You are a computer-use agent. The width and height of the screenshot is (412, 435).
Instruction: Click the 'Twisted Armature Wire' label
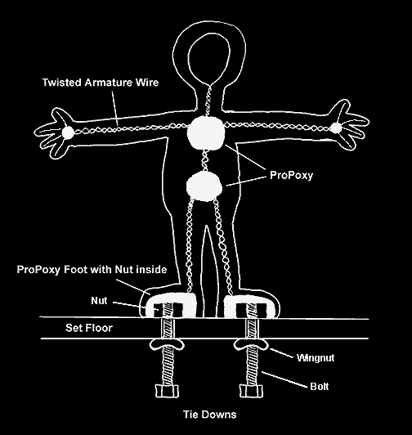(101, 83)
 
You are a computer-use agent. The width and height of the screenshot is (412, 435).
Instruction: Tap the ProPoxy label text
(291, 175)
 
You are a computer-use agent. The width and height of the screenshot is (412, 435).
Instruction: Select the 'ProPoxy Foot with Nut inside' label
(92, 269)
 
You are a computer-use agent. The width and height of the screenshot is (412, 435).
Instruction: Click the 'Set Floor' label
(89, 328)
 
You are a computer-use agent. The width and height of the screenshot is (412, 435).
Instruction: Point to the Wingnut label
(316, 358)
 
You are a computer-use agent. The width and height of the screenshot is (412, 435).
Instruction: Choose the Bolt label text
(320, 387)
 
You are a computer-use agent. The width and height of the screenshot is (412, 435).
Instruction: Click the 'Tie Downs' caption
(210, 415)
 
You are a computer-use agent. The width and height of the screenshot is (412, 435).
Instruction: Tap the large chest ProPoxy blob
(205, 133)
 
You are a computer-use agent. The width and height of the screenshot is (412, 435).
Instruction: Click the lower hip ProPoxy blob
(204, 186)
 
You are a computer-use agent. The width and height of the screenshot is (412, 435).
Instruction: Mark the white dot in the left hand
(67, 132)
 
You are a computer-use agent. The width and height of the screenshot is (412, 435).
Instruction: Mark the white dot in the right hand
(336, 128)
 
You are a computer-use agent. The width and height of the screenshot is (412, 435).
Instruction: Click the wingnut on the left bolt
(167, 345)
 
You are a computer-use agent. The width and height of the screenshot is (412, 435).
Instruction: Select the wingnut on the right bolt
(251, 345)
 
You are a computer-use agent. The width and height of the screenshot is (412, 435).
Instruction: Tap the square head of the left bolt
(167, 391)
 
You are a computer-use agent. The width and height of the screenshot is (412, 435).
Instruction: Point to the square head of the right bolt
(251, 391)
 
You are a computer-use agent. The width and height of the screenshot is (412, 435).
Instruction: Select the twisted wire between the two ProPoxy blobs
(205, 161)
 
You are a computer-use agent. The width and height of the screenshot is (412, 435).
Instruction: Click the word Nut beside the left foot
(99, 301)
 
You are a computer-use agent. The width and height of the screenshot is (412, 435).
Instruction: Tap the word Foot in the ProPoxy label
(74, 269)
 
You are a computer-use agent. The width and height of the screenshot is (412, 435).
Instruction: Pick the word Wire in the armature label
(147, 83)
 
